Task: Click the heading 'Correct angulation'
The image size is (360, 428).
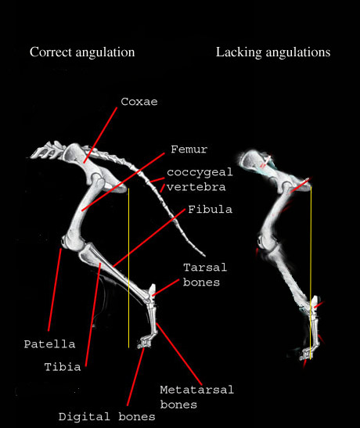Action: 82,52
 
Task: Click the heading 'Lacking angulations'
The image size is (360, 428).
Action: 273,52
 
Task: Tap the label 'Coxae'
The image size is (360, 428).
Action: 139,102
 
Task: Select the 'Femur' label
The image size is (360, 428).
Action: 189,149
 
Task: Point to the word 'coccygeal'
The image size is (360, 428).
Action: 200,172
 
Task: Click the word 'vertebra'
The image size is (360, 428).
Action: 196,187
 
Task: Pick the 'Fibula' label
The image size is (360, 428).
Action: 211,210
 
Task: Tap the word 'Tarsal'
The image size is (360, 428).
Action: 205,268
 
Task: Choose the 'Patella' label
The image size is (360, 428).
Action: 49,344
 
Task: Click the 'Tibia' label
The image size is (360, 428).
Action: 63,367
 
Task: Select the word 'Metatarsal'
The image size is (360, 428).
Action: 196,390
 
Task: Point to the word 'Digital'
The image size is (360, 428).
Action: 85,417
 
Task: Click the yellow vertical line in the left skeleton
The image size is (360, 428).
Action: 128,268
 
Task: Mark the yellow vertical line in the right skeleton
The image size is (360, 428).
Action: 311,272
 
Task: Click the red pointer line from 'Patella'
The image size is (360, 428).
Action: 55,290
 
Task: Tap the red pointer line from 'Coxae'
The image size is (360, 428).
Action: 100,135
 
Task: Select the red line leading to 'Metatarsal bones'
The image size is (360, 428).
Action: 179,354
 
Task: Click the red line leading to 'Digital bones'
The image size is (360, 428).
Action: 135,376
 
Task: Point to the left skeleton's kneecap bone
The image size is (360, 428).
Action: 63,241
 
